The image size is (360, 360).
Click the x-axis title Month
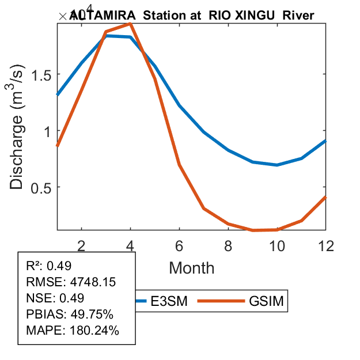[x=192, y=268]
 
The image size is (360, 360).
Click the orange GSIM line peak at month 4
[x=131, y=23]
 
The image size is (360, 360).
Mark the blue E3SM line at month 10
[x=278, y=165]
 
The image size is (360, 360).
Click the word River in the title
[x=301, y=16]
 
